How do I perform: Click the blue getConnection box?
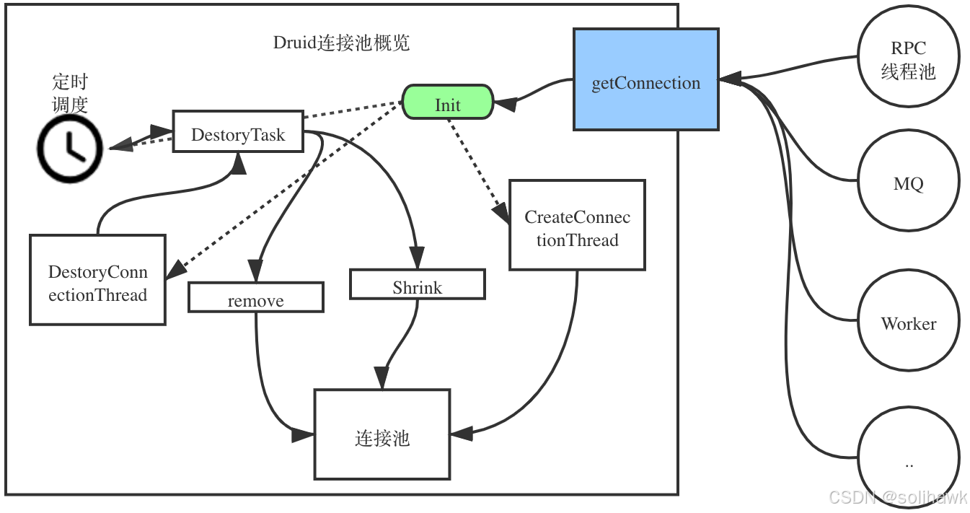[x=645, y=79]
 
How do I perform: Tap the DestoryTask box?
[x=237, y=131]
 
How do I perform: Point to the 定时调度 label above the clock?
[x=70, y=93]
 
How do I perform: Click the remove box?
[x=255, y=297]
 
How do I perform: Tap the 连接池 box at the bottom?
[x=382, y=434]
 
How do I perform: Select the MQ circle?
[x=908, y=183]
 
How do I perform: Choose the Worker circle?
[x=908, y=323]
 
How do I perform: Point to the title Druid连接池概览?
[x=341, y=43]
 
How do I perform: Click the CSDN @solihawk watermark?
[x=897, y=497]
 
